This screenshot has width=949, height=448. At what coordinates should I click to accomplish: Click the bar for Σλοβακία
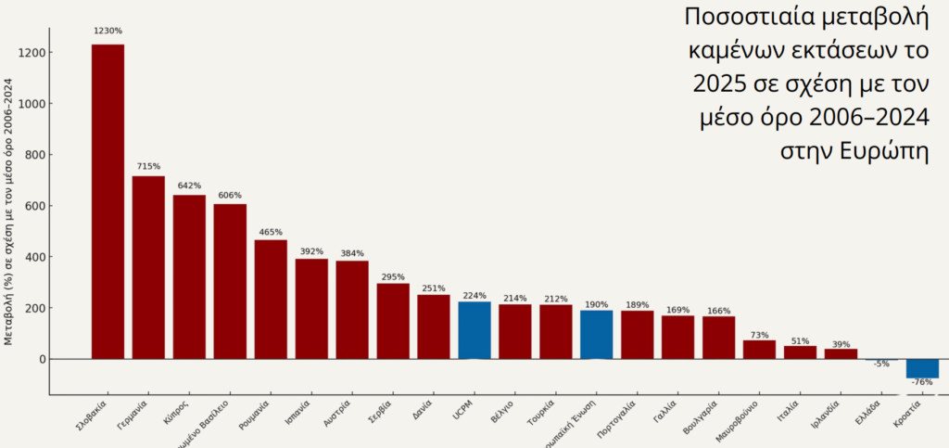(x=108, y=200)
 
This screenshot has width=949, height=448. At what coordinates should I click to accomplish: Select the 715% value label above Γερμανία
(x=148, y=167)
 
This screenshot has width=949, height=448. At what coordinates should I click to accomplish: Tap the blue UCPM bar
(x=474, y=330)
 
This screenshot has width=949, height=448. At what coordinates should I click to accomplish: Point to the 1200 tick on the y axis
(x=32, y=53)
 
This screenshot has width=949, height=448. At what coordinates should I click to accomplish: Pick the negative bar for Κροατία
(x=922, y=368)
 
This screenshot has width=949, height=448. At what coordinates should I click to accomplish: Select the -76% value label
(x=922, y=382)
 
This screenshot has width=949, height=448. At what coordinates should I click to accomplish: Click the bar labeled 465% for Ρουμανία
(x=271, y=299)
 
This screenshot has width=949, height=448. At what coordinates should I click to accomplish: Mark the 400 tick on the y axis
(x=35, y=257)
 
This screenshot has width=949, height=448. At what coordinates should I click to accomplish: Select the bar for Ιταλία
(x=800, y=352)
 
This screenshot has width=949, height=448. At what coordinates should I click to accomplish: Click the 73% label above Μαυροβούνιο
(x=760, y=335)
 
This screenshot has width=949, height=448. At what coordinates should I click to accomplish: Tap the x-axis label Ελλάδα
(x=868, y=409)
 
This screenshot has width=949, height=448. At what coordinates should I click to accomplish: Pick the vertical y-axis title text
(x=9, y=211)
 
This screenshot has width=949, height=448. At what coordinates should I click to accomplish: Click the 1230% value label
(x=108, y=32)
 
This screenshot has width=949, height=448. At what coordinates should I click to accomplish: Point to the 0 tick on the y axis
(x=41, y=359)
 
